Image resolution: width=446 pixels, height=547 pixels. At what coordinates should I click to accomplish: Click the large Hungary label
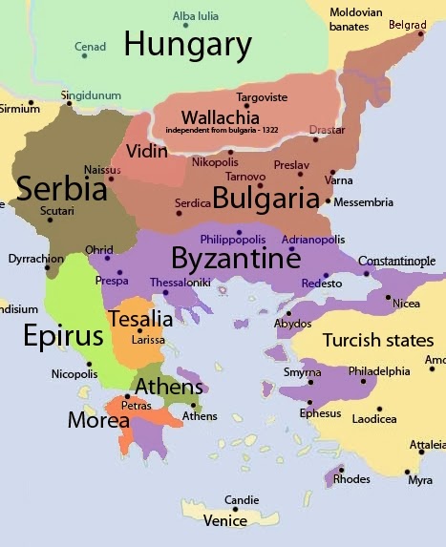click(188, 44)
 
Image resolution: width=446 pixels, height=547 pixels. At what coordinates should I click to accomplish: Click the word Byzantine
click(236, 258)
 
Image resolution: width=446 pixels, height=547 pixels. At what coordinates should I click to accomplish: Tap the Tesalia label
click(140, 319)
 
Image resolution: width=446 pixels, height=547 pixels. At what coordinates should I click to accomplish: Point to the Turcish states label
click(377, 341)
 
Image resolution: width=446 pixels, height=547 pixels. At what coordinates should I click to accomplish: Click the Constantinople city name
click(396, 262)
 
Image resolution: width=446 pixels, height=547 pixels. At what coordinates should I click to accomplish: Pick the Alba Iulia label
click(194, 16)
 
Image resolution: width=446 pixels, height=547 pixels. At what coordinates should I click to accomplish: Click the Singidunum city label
click(92, 95)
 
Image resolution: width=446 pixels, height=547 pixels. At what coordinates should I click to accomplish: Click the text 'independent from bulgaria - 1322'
click(221, 129)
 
